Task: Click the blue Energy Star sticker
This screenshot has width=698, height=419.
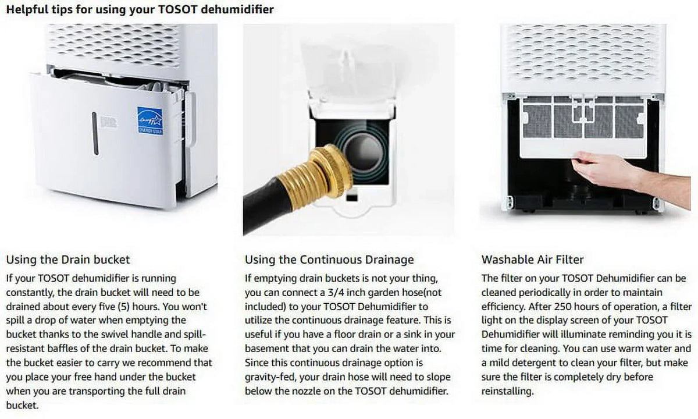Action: [150, 120]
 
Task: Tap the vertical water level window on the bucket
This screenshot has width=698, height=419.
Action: [95, 133]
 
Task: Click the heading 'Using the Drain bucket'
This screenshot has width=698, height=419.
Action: [68, 260]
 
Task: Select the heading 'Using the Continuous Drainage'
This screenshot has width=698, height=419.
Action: [329, 260]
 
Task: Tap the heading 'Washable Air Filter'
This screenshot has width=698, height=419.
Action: [533, 260]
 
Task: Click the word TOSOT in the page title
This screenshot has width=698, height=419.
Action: [177, 9]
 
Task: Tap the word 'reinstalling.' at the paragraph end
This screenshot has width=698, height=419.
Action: [508, 391]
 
